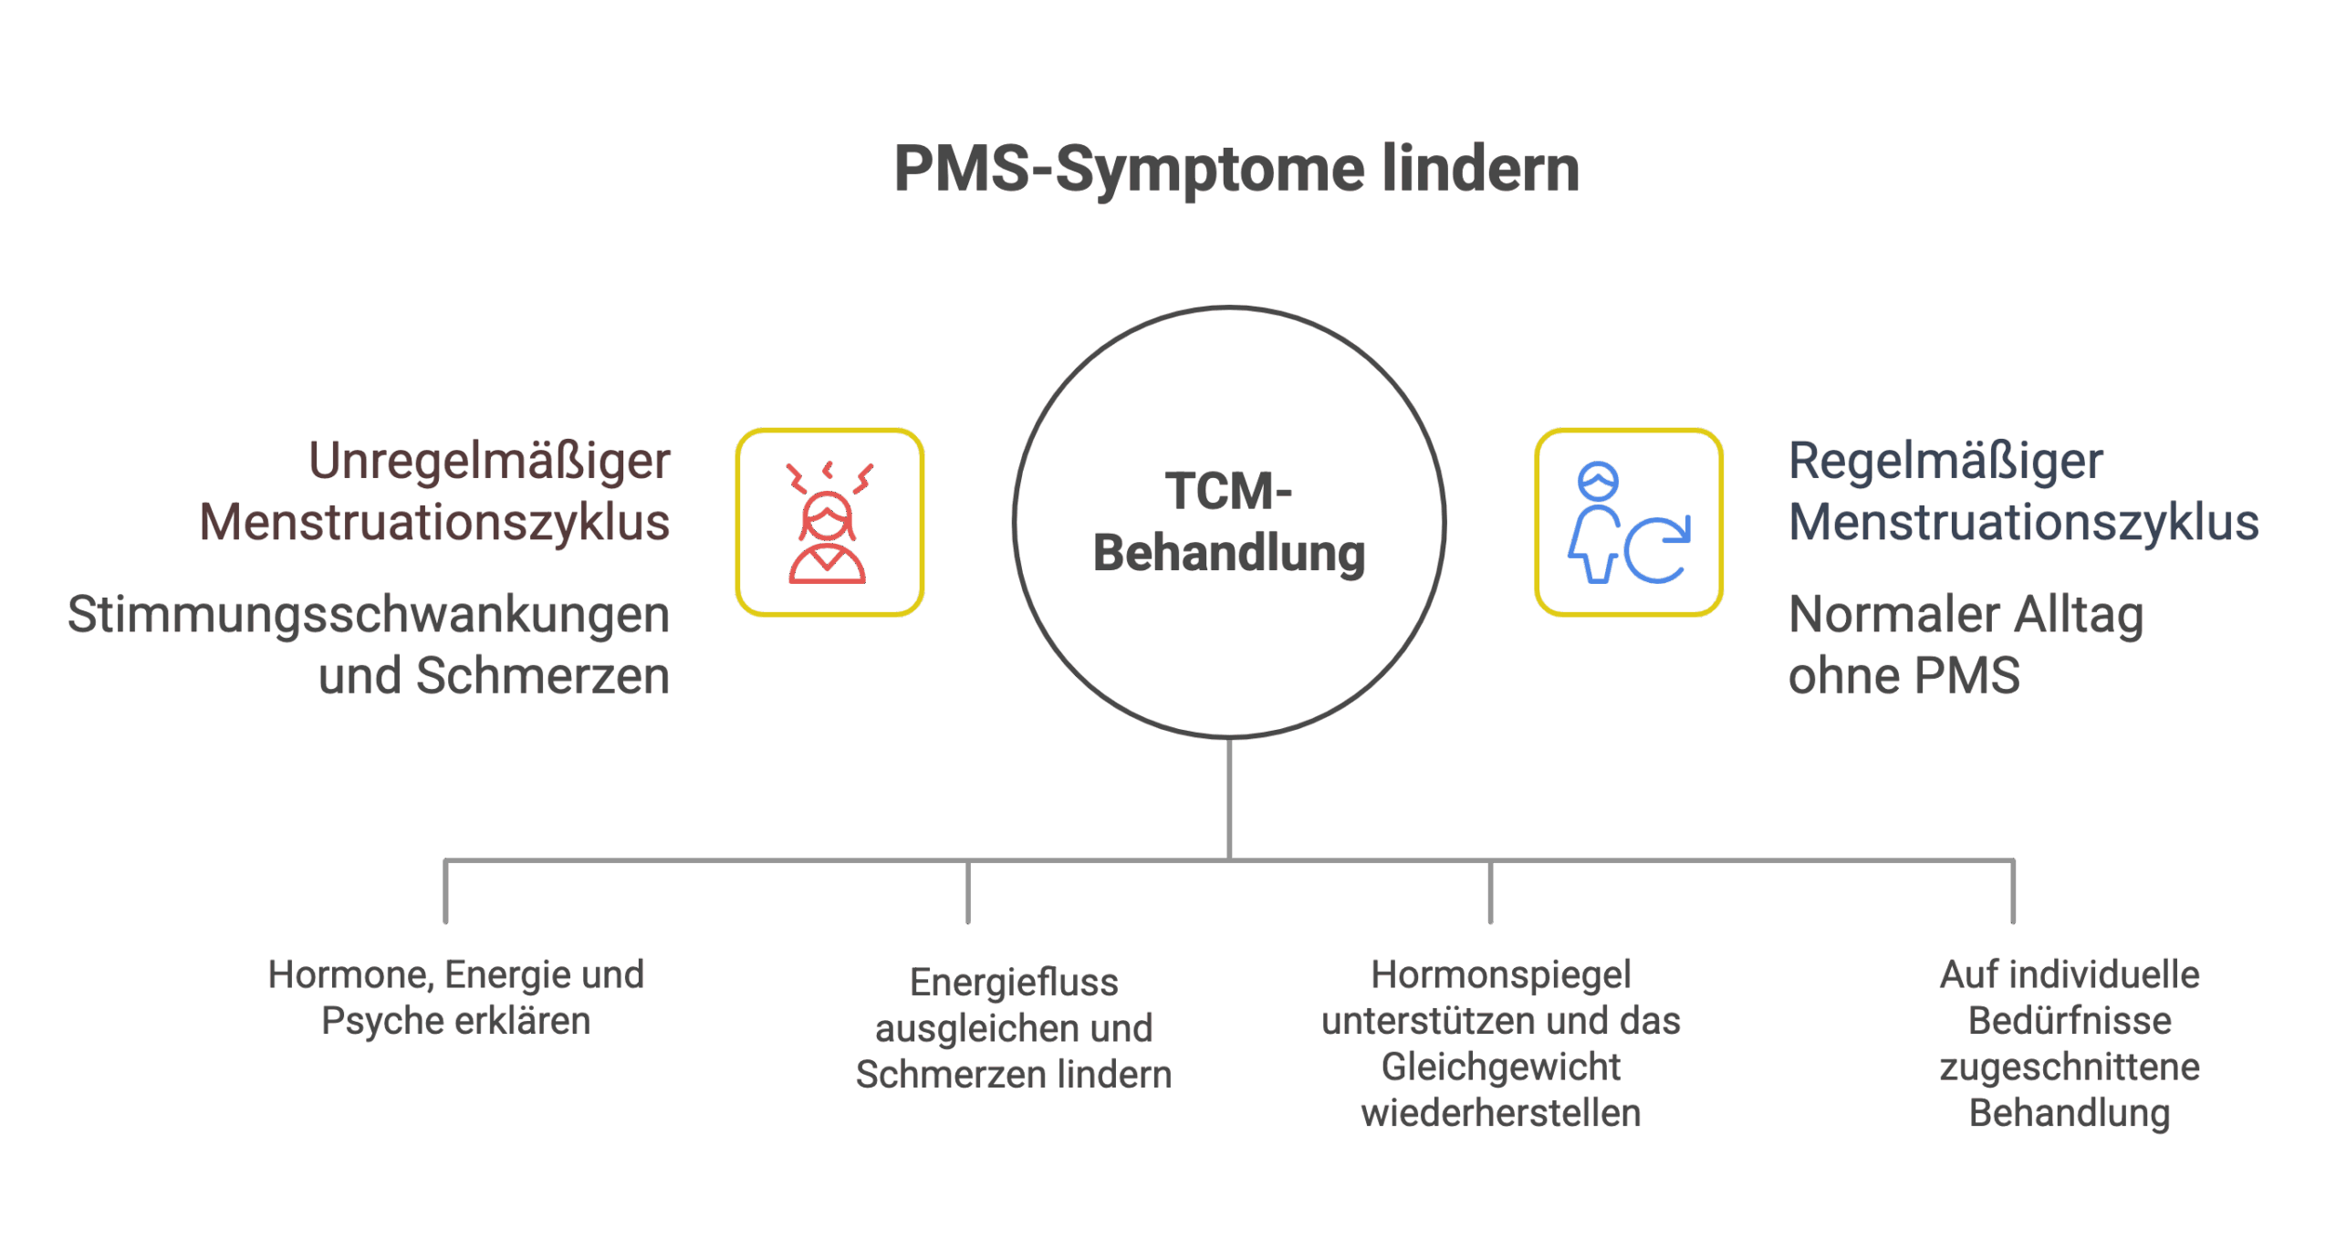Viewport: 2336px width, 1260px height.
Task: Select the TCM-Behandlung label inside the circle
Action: pos(1229,523)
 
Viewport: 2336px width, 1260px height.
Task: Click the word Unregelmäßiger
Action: pos(489,462)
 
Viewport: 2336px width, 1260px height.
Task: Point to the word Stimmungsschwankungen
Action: pos(368,616)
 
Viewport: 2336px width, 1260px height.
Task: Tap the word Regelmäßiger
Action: pos(1945,462)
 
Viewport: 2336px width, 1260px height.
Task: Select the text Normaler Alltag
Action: pos(1966,616)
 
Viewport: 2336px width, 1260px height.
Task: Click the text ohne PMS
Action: pos(1903,676)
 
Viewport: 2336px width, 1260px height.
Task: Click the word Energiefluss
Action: pos(1014,984)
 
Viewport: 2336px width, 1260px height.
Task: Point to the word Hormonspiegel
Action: pos(1501,975)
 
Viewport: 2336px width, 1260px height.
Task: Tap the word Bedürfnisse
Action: pos(2070,1021)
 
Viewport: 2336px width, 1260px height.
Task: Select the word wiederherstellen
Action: pos(1501,1113)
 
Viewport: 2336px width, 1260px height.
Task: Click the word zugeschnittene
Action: pos(2070,1067)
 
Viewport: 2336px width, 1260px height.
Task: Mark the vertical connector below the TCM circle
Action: pos(1229,798)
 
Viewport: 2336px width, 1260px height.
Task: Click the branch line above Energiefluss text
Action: pos(968,892)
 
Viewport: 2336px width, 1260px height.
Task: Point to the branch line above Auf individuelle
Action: pos(2013,892)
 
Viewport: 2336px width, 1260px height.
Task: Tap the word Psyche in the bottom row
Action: pos(373,1021)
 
